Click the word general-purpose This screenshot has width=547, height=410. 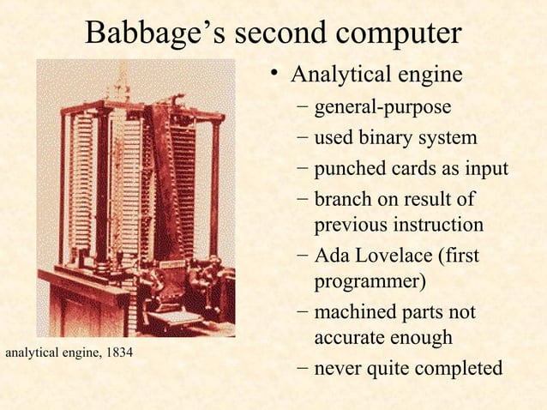[382, 108]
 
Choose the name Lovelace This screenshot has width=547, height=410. [393, 256]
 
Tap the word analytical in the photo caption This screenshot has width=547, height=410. [32, 353]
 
